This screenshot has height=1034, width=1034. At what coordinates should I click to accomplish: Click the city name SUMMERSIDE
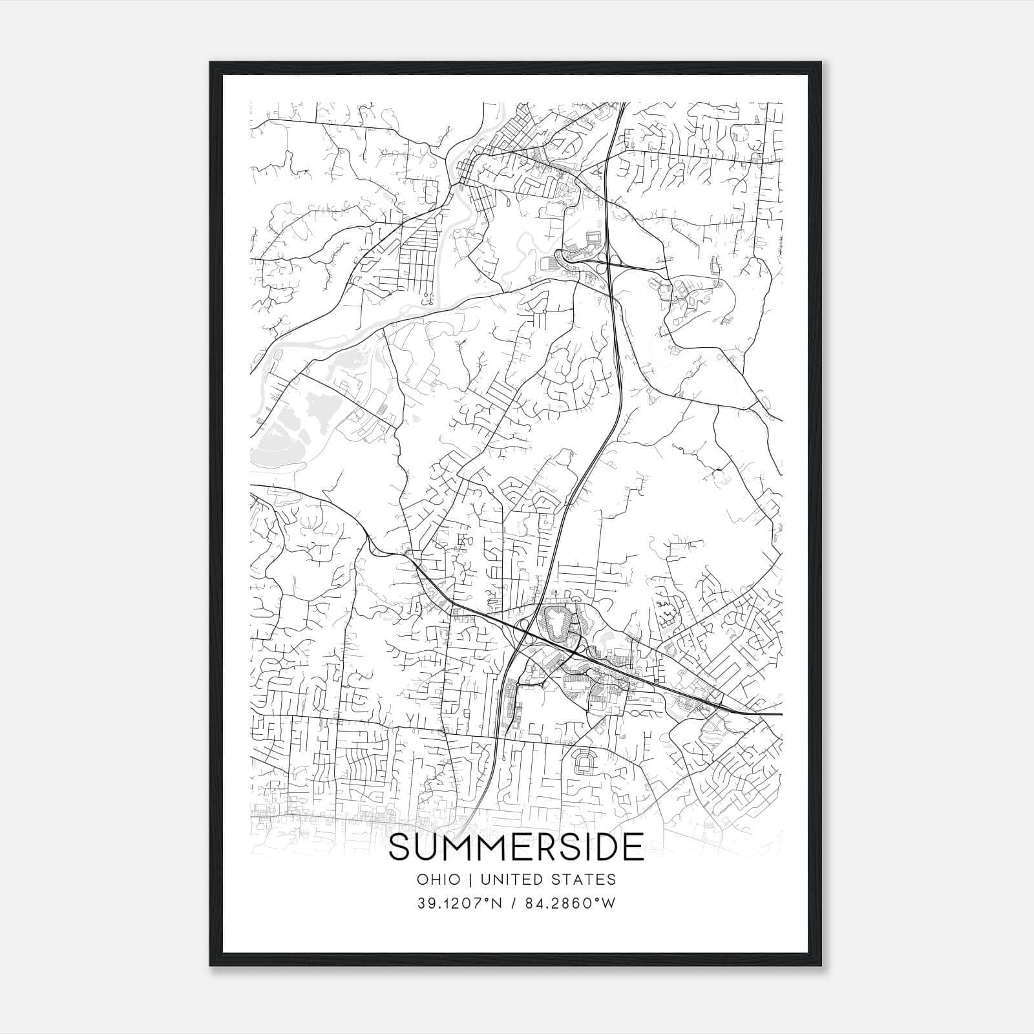click(x=516, y=847)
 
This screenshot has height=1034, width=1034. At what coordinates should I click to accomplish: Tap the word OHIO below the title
click(x=438, y=880)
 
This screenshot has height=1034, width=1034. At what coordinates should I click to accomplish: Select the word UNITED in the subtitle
click(x=512, y=880)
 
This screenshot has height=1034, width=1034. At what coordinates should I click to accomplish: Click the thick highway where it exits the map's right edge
click(x=779, y=715)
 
